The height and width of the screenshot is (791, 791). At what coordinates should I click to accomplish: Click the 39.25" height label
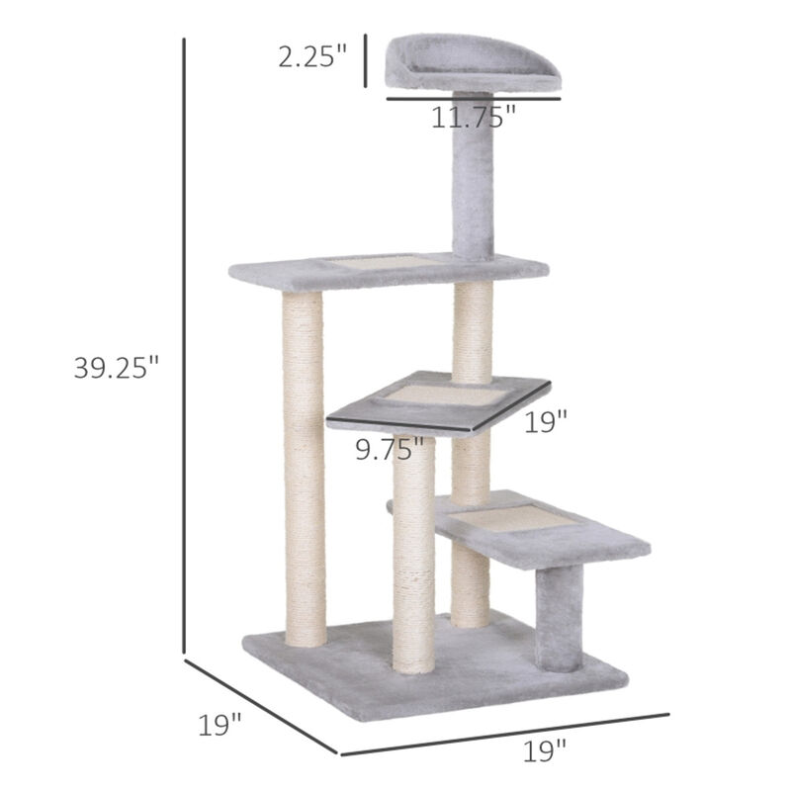(x=116, y=368)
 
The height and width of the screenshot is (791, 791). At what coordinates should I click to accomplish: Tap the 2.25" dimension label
(x=312, y=57)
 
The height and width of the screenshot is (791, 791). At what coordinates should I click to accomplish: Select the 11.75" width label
(x=474, y=118)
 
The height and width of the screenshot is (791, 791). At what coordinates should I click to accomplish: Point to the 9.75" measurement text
(x=394, y=451)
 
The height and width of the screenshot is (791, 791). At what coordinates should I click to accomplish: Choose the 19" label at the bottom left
(x=220, y=727)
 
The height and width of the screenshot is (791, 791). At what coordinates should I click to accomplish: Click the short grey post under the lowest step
(x=559, y=618)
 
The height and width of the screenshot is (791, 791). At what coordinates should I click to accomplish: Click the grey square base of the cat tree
(x=435, y=662)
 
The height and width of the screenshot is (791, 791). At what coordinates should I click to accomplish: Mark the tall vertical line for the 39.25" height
(x=185, y=346)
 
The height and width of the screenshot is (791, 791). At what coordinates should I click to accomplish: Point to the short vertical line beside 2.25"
(x=365, y=60)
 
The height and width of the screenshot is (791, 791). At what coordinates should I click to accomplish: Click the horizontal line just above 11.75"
(x=474, y=99)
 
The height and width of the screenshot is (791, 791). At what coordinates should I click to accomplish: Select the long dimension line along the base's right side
(x=504, y=734)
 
